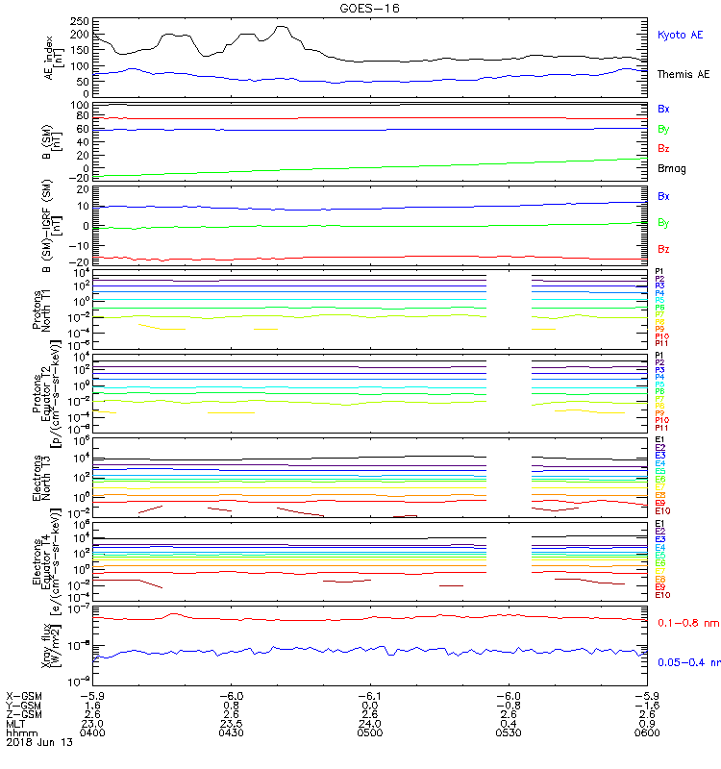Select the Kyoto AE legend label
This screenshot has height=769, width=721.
pos(680,36)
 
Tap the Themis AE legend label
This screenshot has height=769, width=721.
pos(683,74)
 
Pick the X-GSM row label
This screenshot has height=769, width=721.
pos(24,695)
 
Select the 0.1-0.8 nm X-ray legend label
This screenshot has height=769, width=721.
pos(686,624)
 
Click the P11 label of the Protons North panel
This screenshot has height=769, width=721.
pos(661,343)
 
